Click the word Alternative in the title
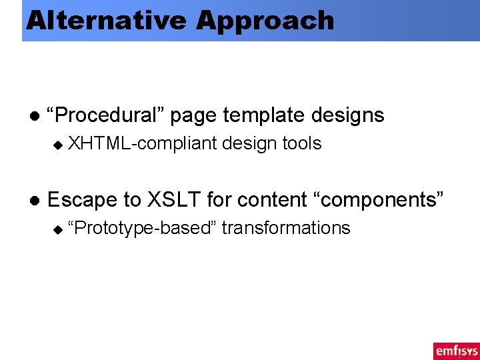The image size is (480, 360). pyautogui.click(x=107, y=21)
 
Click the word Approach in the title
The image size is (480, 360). pyautogui.click(x=265, y=21)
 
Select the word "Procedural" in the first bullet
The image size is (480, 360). pyautogui.click(x=106, y=115)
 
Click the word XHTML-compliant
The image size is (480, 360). pyautogui.click(x=142, y=143)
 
